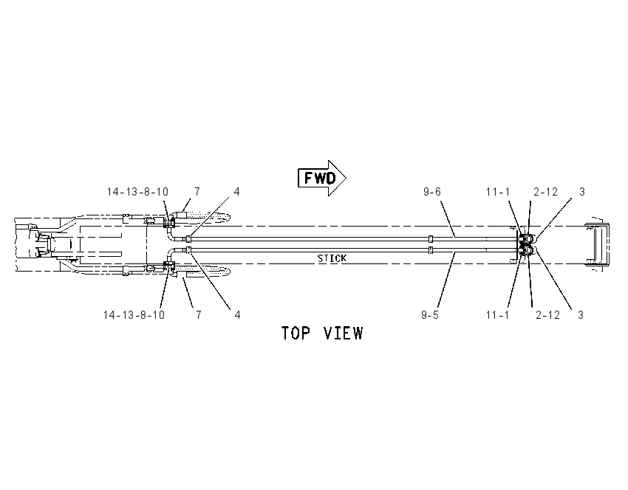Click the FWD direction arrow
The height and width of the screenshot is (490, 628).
pos(322,178)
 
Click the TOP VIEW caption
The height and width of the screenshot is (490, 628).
pos(322,334)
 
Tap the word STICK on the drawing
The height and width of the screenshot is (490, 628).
pos(332,258)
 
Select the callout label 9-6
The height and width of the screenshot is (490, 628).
pos(432,192)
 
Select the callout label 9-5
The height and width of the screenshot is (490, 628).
pos(430,315)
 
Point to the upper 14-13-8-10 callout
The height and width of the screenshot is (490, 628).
pos(137,192)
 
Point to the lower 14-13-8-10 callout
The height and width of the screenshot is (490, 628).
pos(134,315)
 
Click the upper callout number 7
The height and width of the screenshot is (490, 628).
pos(197,192)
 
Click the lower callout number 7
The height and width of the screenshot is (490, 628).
pos(198,315)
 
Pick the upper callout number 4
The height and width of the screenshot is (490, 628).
pos(236,192)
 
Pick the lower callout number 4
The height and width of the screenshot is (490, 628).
pos(237,315)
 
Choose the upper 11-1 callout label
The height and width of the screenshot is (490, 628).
pos(498,192)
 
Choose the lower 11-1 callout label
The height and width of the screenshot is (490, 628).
pos(498,315)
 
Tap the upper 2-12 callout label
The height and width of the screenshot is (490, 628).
pos(546,192)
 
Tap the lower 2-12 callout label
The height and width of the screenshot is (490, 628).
pos(548,315)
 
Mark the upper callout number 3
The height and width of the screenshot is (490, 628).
pos(582,192)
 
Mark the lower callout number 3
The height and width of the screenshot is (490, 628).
pos(581,315)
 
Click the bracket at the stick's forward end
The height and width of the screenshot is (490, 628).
pos(597,245)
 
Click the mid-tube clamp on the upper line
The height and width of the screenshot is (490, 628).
pos(431,239)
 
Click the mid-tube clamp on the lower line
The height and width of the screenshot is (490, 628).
pos(431,250)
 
